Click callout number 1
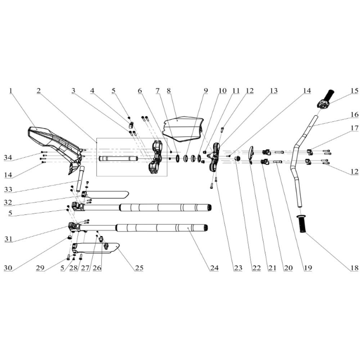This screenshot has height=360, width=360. [11, 91]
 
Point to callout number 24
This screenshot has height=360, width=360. [215, 268]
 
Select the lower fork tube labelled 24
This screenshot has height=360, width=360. [162, 228]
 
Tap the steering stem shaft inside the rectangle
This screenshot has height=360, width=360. [119, 159]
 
